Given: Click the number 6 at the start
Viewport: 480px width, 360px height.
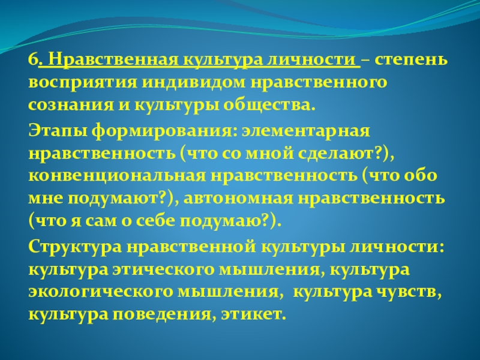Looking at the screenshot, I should coord(32,61).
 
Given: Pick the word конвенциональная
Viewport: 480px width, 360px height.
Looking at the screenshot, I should coord(113,175).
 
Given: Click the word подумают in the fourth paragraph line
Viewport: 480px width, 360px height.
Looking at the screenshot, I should coord(108,198).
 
